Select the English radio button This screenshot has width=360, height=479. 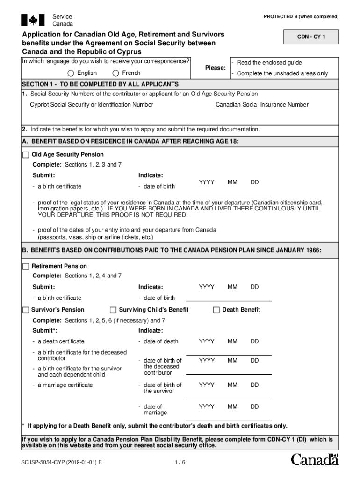pos(71,73)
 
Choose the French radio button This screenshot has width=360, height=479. pos(115,73)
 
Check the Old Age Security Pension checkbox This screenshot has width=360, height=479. pos(26,155)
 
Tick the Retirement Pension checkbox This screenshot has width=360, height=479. pos(26,266)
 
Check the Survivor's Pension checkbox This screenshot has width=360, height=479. pos(26,310)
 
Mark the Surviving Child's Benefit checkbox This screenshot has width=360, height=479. pos(113,310)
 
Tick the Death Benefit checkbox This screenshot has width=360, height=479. pos(216,310)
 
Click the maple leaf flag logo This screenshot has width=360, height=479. pos(33,20)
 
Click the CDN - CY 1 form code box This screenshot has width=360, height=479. pos(311,36)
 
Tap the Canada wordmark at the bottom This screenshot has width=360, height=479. pos(315,460)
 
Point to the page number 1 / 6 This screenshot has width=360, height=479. pos(180,463)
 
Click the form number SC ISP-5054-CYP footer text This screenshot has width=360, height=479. pos(62,463)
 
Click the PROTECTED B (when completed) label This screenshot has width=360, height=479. pos(301,17)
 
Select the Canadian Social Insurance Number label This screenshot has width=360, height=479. pos(262,105)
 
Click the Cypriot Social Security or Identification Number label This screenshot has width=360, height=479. pos(92,105)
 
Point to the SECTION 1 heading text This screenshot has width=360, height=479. pos(100,84)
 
